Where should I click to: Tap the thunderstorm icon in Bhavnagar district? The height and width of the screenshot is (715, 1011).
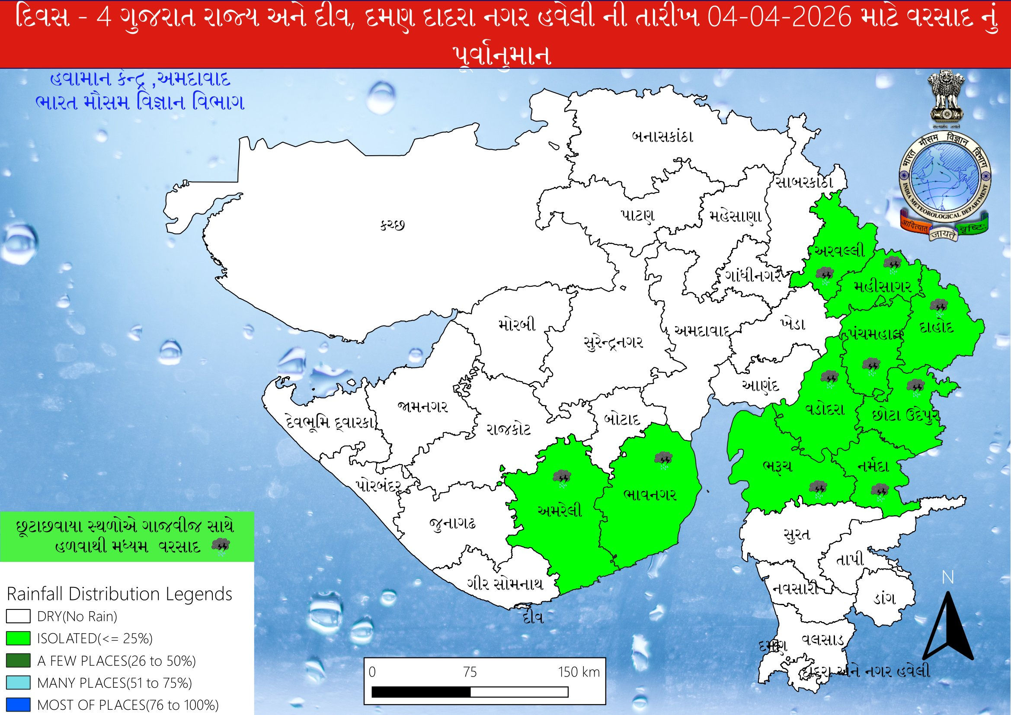pyautogui.click(x=663, y=459)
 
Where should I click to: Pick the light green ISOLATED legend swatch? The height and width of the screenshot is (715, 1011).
pyautogui.click(x=18, y=638)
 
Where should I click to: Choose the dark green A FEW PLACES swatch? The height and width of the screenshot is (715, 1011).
pyautogui.click(x=18, y=661)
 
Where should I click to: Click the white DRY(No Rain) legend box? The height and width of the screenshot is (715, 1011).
pyautogui.click(x=18, y=616)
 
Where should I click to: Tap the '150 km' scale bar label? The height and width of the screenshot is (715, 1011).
pyautogui.click(x=579, y=672)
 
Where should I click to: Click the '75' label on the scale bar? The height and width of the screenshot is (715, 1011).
pyautogui.click(x=470, y=672)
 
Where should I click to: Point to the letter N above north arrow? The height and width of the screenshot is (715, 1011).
pyautogui.click(x=947, y=577)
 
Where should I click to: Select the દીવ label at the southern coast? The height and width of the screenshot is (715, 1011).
pyautogui.click(x=531, y=618)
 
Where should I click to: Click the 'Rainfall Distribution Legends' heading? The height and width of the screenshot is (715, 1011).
pyautogui.click(x=120, y=594)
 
